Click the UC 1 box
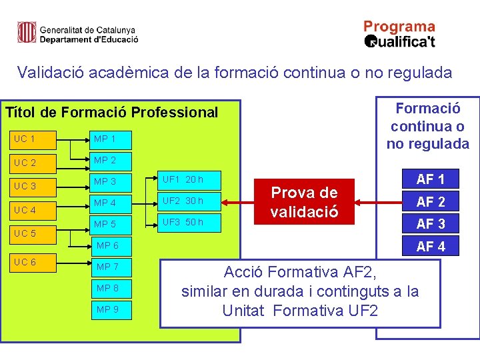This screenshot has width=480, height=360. pyautogui.click(x=34, y=139)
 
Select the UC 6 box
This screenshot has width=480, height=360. pyautogui.click(x=34, y=262)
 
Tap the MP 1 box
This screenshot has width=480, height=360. pyautogui.click(x=115, y=139)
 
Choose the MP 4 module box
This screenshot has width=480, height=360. pyautogui.click(x=115, y=203)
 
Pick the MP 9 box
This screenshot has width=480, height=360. pyautogui.click(x=115, y=309)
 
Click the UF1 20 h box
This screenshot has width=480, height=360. pyautogui.click(x=189, y=179)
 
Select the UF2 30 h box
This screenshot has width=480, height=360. pyautogui.click(x=189, y=201)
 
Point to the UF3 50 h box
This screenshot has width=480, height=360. pyautogui.click(x=189, y=222)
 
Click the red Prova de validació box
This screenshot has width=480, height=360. pyautogui.click(x=304, y=202)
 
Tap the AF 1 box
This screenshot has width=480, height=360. pyautogui.click(x=430, y=179)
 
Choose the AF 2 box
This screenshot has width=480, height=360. pyautogui.click(x=430, y=201)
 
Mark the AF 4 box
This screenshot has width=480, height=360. pyautogui.click(x=430, y=247)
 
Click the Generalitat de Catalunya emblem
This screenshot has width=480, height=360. pyautogui.click(x=27, y=33)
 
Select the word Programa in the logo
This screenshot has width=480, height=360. pyautogui.click(x=399, y=27)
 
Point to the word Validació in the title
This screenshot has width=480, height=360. pyautogui.click(x=50, y=72)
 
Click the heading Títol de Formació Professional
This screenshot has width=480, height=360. pyautogui.click(x=111, y=112)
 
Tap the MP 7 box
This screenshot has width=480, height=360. pyautogui.click(x=115, y=267)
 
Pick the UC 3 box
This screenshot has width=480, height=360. pyautogui.click(x=34, y=185)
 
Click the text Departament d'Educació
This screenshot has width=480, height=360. pyautogui.click(x=89, y=39)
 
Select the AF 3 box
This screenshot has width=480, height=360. pyautogui.click(x=430, y=224)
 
